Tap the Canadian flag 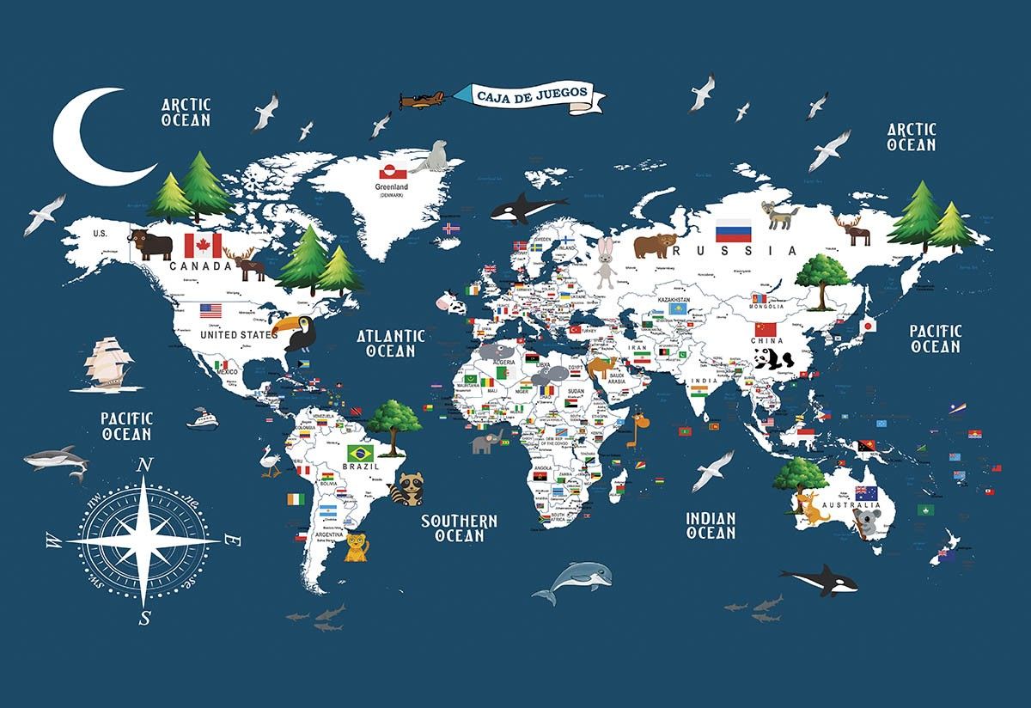[204, 245]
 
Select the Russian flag [733, 230]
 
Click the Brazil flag [360, 452]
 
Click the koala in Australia [869, 522]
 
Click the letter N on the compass [145, 466]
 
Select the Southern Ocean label [459, 528]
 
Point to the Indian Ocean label [711, 525]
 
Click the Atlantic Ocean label [392, 343]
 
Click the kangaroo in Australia [809, 506]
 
